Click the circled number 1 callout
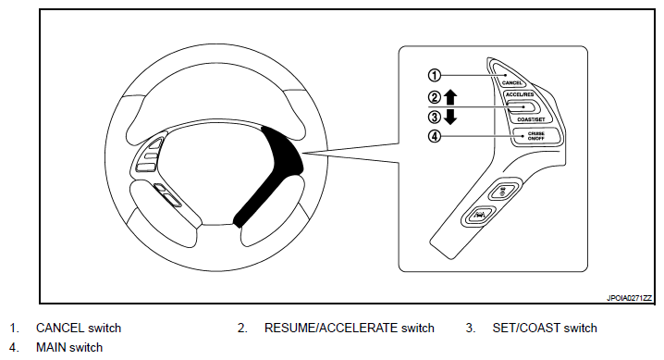[435, 75]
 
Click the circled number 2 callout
[435, 97]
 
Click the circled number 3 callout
[435, 117]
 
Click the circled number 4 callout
[435, 136]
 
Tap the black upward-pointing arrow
[450, 97]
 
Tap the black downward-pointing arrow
[450, 117]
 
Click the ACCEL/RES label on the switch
[520, 94]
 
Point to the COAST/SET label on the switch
[531, 120]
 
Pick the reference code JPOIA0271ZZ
[629, 298]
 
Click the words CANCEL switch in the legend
[79, 328]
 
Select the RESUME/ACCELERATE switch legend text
[350, 328]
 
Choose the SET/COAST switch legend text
[545, 328]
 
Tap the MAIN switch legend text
[69, 347]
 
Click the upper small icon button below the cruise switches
[503, 192]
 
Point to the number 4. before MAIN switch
[14, 347]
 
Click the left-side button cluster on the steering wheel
[150, 155]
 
